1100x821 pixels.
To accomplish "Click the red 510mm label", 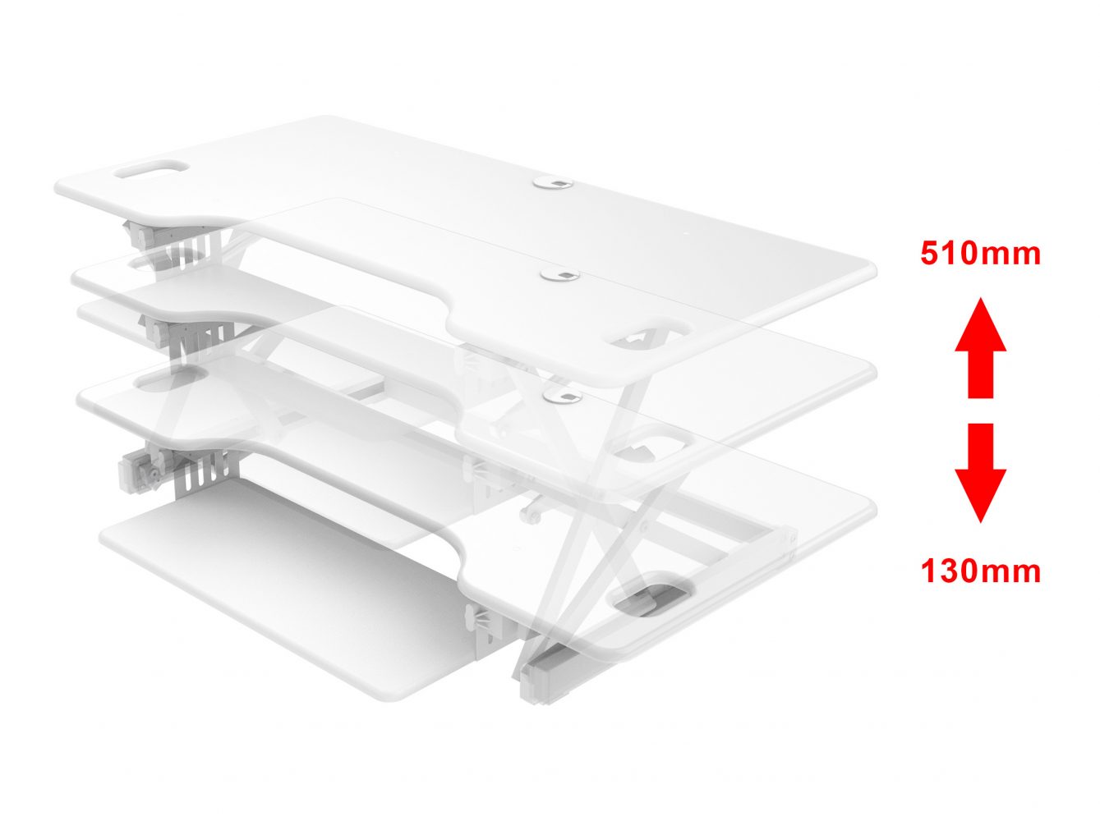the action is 980,254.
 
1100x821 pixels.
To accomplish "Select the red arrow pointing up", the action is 980,348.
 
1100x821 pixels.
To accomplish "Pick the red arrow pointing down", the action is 980,473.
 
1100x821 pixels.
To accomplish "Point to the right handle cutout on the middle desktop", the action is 651,442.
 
